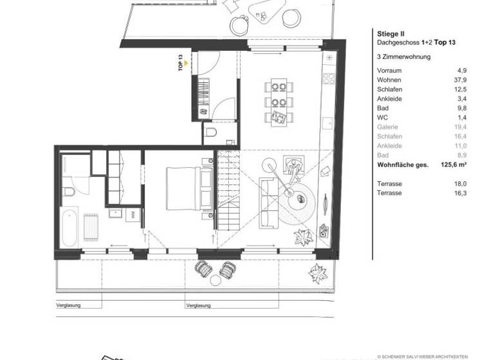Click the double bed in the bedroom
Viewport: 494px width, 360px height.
tap(186, 188)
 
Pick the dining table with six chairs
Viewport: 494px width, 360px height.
tap(280, 102)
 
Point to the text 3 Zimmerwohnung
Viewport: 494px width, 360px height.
tap(404, 57)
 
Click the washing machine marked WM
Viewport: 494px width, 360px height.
tap(132, 215)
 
